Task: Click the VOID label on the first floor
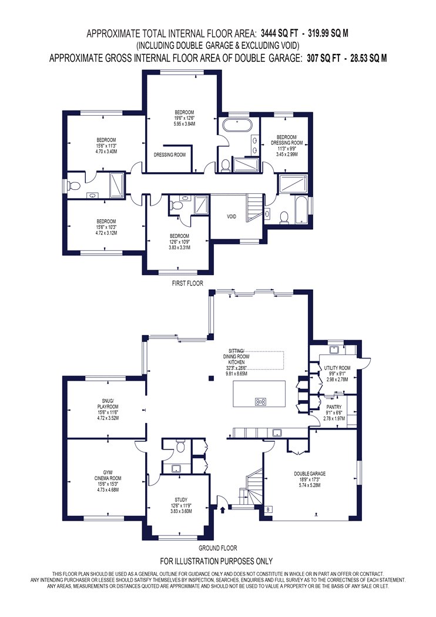(x=232, y=216)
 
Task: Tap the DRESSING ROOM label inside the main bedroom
(x=170, y=155)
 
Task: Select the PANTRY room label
(x=334, y=407)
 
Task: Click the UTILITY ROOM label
(x=337, y=368)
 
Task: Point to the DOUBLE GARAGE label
(x=310, y=474)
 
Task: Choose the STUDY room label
(x=181, y=499)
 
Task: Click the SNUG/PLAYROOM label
(x=108, y=404)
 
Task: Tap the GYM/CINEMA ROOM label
(x=107, y=475)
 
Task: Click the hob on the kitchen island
(x=260, y=402)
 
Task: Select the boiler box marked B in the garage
(x=269, y=509)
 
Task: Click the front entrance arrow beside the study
(x=224, y=511)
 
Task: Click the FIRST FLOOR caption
(x=187, y=283)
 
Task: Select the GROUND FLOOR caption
(x=217, y=548)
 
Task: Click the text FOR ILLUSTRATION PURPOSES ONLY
(x=216, y=561)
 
